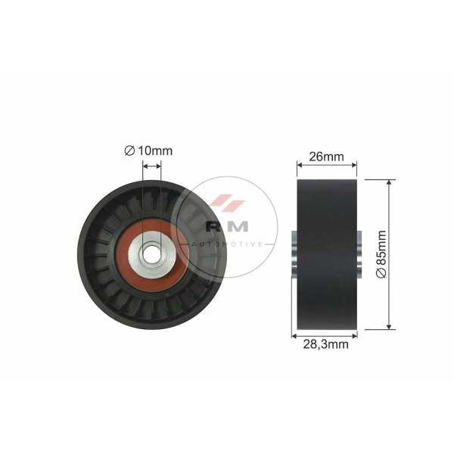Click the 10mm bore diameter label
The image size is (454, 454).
148,151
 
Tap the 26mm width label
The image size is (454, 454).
326,157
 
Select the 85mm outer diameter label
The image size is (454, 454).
382,254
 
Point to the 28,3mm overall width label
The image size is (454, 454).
325,344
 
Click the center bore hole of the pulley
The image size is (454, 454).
151,254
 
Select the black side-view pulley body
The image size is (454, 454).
327,254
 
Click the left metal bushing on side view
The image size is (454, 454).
294,254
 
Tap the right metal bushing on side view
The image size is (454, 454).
359,254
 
